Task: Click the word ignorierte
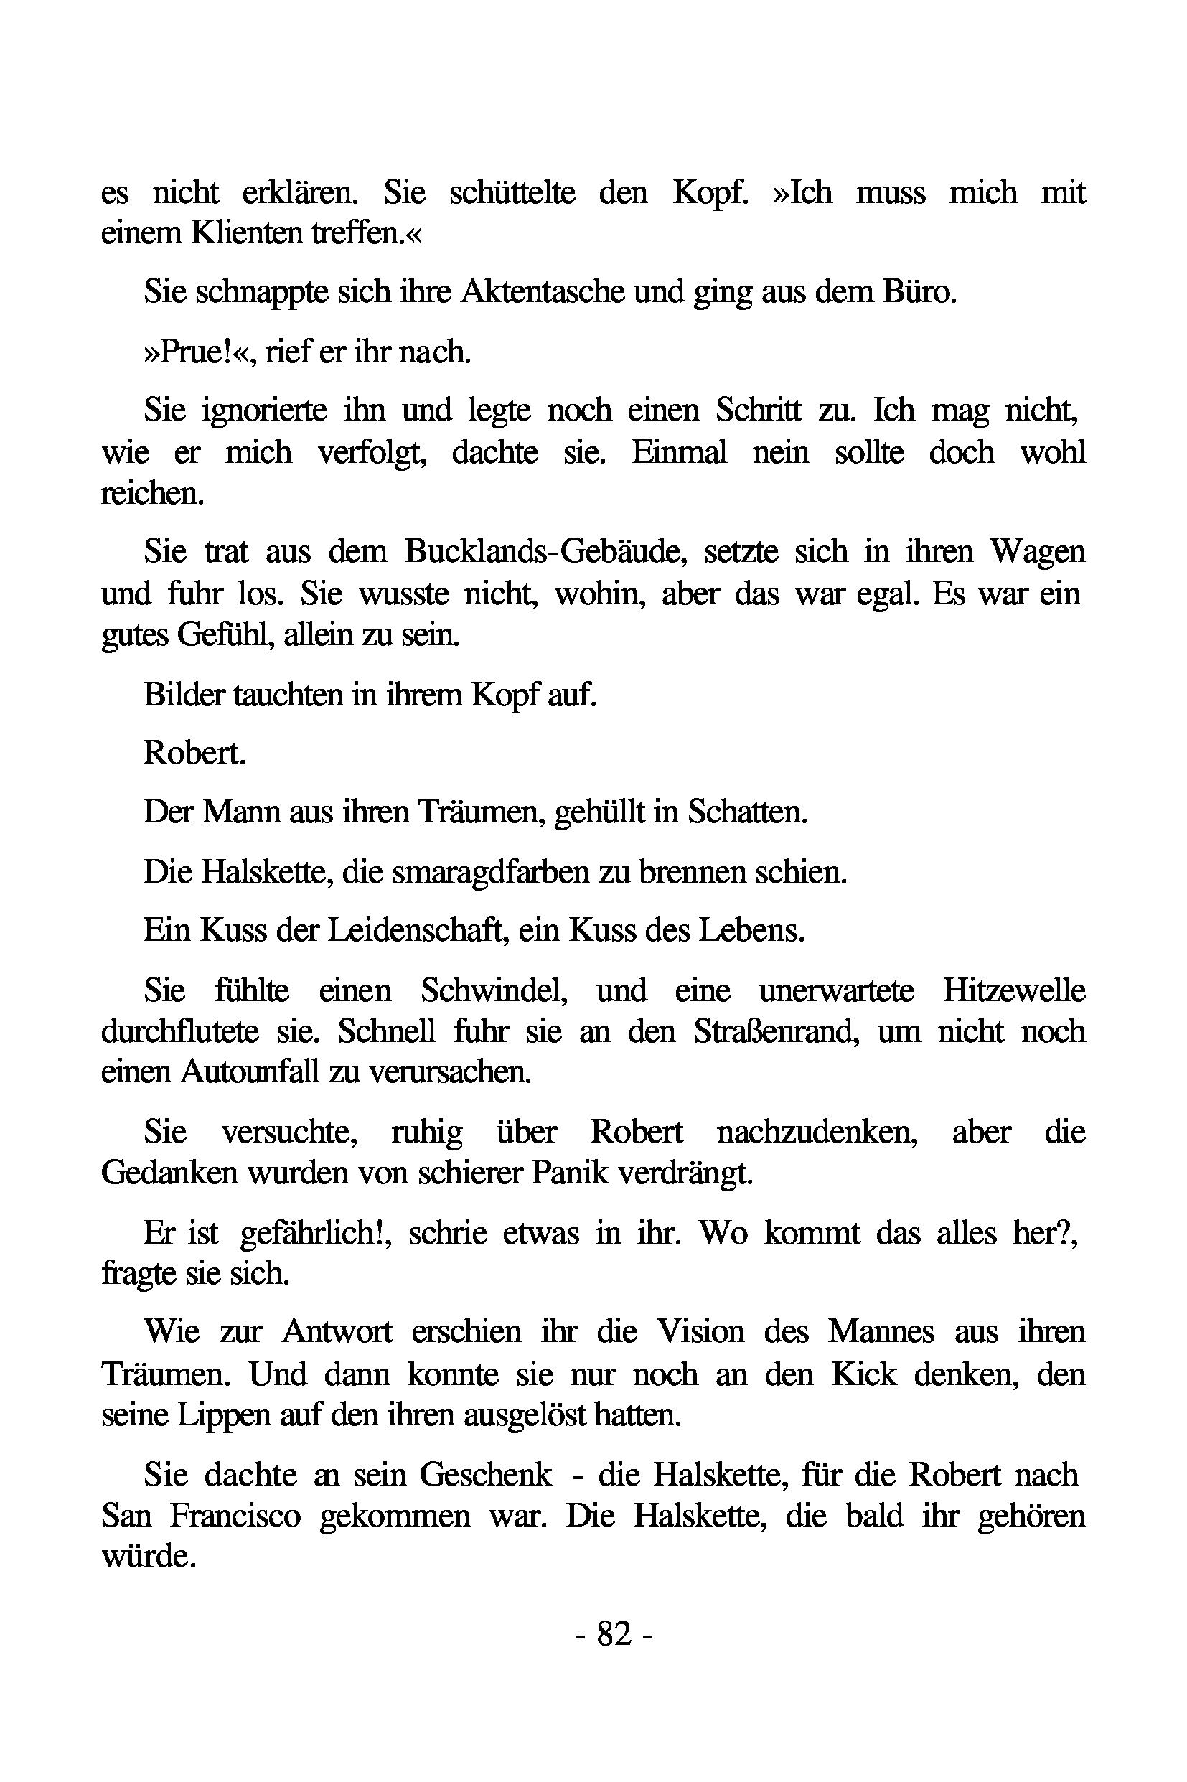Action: [264, 411]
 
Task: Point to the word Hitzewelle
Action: [1013, 990]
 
